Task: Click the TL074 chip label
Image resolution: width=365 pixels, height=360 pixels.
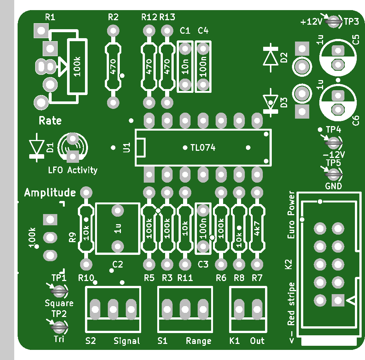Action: (x=203, y=148)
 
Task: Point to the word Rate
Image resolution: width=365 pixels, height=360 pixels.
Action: (x=50, y=121)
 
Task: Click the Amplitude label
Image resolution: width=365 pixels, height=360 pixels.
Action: (x=50, y=193)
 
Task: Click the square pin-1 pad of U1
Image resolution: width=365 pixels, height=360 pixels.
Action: (x=149, y=174)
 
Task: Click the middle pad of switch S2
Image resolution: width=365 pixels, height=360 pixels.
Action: (x=113, y=309)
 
